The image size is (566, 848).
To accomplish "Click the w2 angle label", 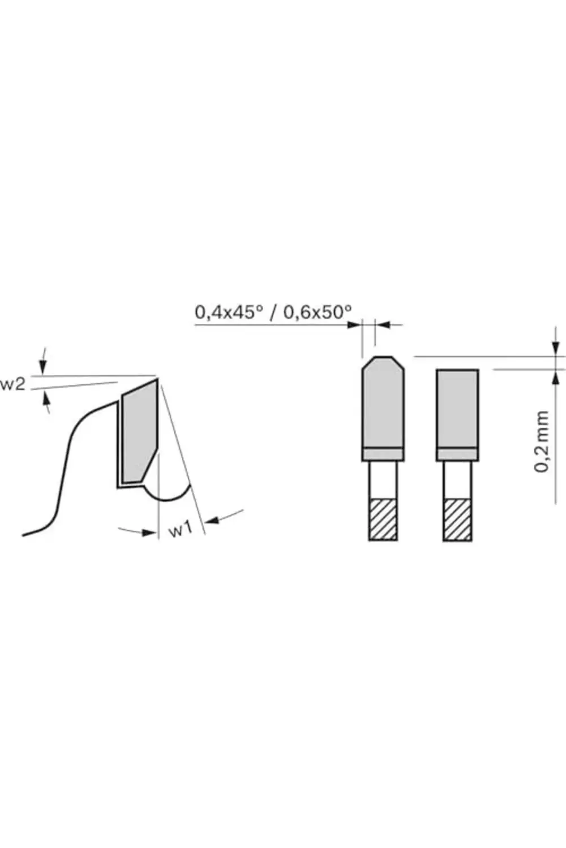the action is pos(12,384).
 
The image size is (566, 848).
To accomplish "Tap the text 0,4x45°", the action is pos(229,313).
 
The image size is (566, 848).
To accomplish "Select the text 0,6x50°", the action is pos(318,313).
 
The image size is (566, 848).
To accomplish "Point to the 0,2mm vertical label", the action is pos(541,442).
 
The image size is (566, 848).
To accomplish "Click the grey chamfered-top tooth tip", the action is pos(383,402).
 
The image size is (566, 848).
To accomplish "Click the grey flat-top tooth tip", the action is pos(457,409).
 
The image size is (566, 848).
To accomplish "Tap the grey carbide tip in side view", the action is pos(139,431).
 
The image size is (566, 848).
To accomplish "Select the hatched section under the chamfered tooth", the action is pos(383,520).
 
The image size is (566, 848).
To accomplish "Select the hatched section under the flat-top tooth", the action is pos(457,520).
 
